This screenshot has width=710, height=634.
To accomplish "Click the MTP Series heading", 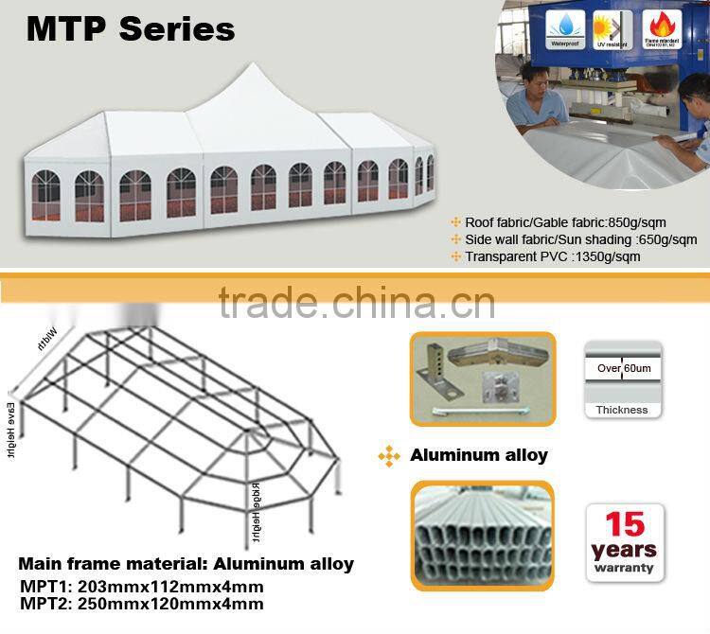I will pos(130,28).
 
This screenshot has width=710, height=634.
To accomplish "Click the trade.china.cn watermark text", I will pos(356,302).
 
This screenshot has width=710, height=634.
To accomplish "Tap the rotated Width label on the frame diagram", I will pos(46,338).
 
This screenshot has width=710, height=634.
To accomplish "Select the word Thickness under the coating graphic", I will pos(622,410).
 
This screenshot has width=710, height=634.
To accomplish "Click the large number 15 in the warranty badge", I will pos(624,523).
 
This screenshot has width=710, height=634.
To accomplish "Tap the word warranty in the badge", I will pos(624,568).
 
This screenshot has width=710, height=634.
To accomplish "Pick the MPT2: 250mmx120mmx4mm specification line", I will pos(141,604).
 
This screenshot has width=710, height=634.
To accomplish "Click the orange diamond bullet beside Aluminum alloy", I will pos(389,456).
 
